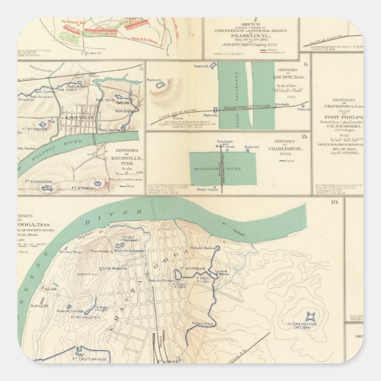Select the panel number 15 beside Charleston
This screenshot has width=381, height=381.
click(304, 137)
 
